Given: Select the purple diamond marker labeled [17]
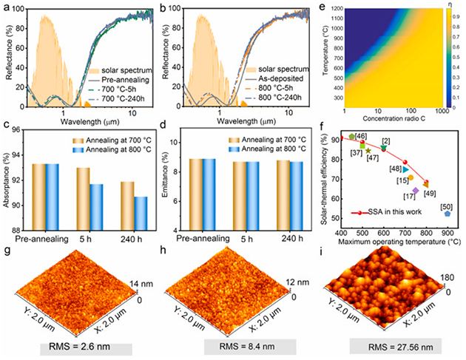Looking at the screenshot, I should coord(416,191).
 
